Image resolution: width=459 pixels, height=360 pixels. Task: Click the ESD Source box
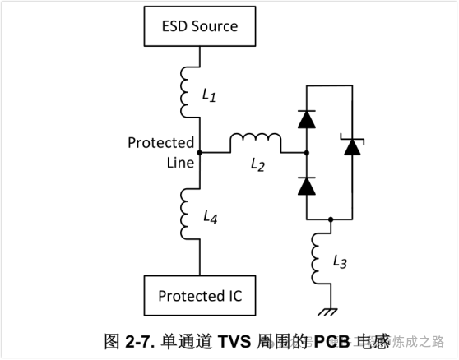(200, 26)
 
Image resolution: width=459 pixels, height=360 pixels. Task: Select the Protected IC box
(200, 295)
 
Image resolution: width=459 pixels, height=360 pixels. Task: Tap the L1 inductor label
(209, 95)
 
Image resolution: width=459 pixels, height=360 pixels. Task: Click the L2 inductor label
(257, 165)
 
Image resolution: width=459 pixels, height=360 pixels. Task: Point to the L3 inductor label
(340, 261)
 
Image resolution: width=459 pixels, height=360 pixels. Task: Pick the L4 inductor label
(210, 216)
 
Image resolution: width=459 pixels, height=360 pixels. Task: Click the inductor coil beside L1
(187, 93)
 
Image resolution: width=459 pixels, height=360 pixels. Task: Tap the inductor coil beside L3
(318, 258)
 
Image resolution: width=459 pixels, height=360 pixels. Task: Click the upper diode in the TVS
(306, 120)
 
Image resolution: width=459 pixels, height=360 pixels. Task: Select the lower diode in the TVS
(306, 186)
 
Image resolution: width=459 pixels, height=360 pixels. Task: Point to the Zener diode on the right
(352, 147)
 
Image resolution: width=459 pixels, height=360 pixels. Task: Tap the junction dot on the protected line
(200, 153)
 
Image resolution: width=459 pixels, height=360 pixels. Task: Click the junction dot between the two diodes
(306, 153)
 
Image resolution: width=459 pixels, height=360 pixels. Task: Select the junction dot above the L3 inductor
(330, 220)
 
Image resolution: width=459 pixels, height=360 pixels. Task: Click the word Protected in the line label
(160, 143)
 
